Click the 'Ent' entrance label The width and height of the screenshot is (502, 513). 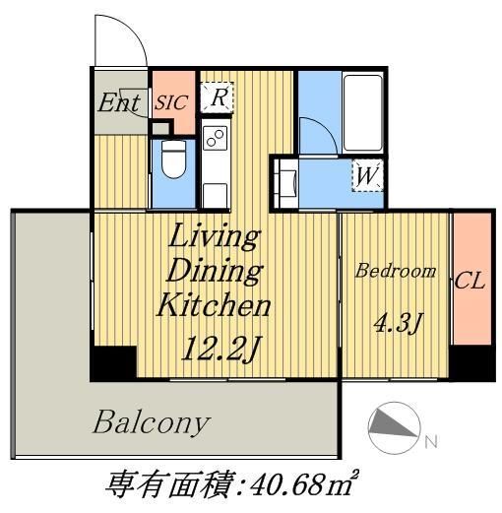point(118,101)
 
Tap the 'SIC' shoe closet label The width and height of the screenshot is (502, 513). point(172,101)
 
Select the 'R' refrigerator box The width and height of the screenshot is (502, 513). point(218,96)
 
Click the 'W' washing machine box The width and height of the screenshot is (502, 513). point(366,177)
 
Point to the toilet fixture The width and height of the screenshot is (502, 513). point(172,159)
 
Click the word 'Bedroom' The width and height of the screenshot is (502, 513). point(395,271)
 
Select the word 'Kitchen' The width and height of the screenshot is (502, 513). point(214,305)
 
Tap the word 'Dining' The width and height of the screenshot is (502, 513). point(214,271)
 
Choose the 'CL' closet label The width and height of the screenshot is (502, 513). point(471,281)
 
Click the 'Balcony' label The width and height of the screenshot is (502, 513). point(151,423)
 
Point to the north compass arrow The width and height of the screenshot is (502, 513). point(394,426)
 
